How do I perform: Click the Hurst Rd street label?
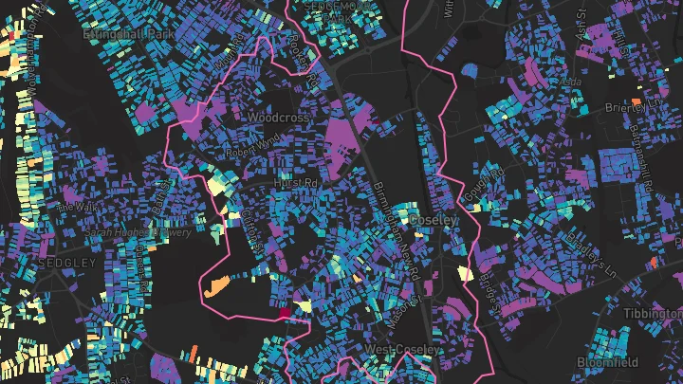tap(295, 182)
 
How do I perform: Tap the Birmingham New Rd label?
tap(397, 228)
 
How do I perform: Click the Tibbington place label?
tap(653, 313)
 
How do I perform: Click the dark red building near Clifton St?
tap(284, 311)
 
